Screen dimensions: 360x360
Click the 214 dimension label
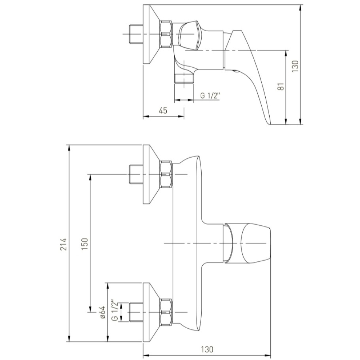(x=63, y=244)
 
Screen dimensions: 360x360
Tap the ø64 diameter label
(x=103, y=312)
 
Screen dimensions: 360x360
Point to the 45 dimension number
(x=163, y=111)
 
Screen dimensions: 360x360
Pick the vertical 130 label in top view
(x=295, y=66)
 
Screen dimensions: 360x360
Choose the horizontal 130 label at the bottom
(x=207, y=350)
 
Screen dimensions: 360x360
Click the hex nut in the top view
(x=166, y=34)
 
